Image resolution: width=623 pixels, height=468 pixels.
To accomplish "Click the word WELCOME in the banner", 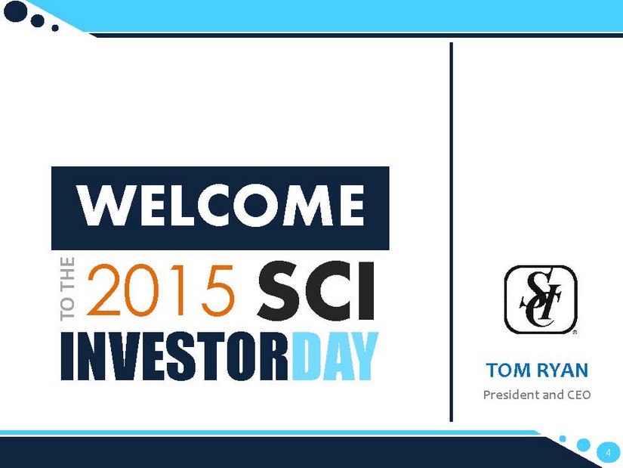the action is pyautogui.click(x=221, y=206).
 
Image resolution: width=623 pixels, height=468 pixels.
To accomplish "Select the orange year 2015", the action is pyautogui.click(x=161, y=290).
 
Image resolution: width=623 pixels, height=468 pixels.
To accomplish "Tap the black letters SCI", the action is pyautogui.click(x=316, y=291).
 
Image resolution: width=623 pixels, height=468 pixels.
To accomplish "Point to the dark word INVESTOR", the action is pyautogui.click(x=175, y=357).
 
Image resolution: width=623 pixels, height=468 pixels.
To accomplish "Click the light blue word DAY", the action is pyautogui.click(x=335, y=357).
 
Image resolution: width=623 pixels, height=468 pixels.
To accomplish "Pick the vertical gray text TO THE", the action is pyautogui.click(x=67, y=289).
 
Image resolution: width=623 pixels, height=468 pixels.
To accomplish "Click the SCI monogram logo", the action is pyautogui.click(x=541, y=299).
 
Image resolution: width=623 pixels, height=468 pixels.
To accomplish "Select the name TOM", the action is pyautogui.click(x=507, y=370).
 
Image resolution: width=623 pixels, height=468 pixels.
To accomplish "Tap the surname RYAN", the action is pyautogui.click(x=562, y=370).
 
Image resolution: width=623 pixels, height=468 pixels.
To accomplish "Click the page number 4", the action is pyautogui.click(x=608, y=453).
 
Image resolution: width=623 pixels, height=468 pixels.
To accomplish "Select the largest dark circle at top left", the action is pyautogui.click(x=16, y=11).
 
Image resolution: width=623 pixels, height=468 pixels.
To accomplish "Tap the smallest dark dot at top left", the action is pyautogui.click(x=55, y=28).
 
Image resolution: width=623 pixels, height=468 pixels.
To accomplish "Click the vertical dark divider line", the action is pyautogui.click(x=452, y=231).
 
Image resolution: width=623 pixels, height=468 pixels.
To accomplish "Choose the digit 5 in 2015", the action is pyautogui.click(x=217, y=291).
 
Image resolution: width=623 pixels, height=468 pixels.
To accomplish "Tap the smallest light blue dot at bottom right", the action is pyautogui.click(x=563, y=439).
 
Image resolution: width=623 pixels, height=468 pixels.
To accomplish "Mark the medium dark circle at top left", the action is pyautogui.click(x=37, y=20).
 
